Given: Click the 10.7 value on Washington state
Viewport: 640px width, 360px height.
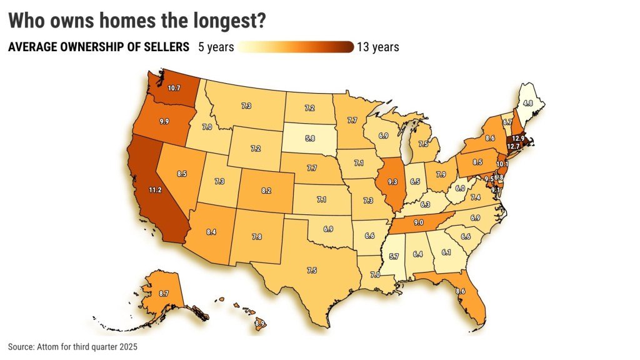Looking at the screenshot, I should [174, 88].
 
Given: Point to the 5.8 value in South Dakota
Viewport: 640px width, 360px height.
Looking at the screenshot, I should [310, 137].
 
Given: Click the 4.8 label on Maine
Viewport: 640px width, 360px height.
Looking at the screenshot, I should [527, 102].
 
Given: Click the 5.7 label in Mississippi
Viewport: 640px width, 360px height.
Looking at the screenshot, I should [394, 256].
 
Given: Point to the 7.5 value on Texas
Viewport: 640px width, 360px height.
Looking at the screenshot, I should [311, 270].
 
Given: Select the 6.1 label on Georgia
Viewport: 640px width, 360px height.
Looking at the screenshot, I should [446, 252].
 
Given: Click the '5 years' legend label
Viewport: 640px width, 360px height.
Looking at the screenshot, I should [216, 47].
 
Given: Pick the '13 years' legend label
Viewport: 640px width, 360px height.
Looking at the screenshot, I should [377, 47].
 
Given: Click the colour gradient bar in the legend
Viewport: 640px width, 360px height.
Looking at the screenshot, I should [296, 47].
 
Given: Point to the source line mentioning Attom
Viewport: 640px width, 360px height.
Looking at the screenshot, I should [72, 346].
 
